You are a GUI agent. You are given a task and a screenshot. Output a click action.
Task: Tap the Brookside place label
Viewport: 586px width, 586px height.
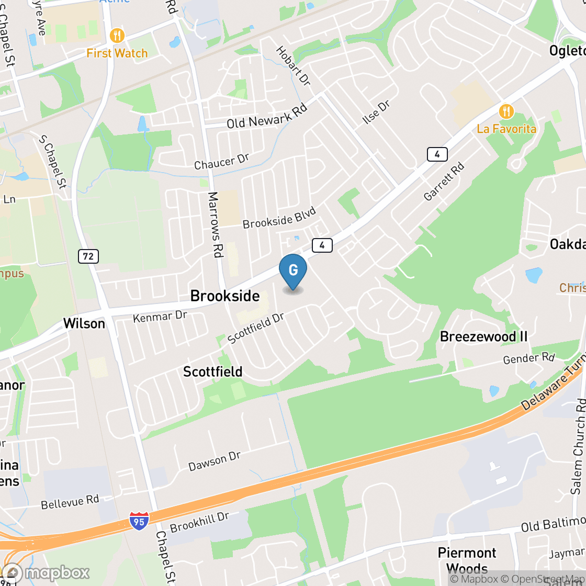(225, 296)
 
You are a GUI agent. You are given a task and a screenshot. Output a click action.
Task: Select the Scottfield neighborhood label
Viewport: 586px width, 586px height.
(212, 372)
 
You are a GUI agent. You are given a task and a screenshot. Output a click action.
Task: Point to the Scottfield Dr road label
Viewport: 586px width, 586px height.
(256, 329)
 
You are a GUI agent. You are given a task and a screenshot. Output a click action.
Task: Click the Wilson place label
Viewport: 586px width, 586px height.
(84, 323)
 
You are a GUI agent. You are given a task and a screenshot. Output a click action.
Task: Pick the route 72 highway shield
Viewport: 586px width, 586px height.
(88, 256)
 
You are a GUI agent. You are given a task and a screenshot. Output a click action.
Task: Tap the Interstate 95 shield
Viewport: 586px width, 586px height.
(139, 521)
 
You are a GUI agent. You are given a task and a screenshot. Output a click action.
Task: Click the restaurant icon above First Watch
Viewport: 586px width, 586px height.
(117, 36)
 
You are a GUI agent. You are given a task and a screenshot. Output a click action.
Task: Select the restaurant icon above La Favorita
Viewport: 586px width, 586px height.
(506, 111)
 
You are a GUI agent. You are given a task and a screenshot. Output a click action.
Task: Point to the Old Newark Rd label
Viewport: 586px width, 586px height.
(266, 116)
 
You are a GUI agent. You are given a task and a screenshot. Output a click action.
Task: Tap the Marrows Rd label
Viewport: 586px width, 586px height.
(215, 224)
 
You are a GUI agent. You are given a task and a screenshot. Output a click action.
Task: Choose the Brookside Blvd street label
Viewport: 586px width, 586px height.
(279, 218)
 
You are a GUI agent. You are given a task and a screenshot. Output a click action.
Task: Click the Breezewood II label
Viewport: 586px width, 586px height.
(483, 336)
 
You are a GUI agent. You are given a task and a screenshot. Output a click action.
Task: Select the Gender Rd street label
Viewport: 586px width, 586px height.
(528, 358)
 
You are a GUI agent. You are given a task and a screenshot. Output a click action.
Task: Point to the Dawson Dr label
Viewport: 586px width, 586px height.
(215, 461)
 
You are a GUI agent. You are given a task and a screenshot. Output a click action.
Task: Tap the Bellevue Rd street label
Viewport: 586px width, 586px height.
(70, 502)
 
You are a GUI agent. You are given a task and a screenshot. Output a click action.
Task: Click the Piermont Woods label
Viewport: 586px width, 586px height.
(467, 560)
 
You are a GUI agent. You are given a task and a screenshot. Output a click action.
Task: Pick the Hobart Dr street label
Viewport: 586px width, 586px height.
(293, 66)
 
